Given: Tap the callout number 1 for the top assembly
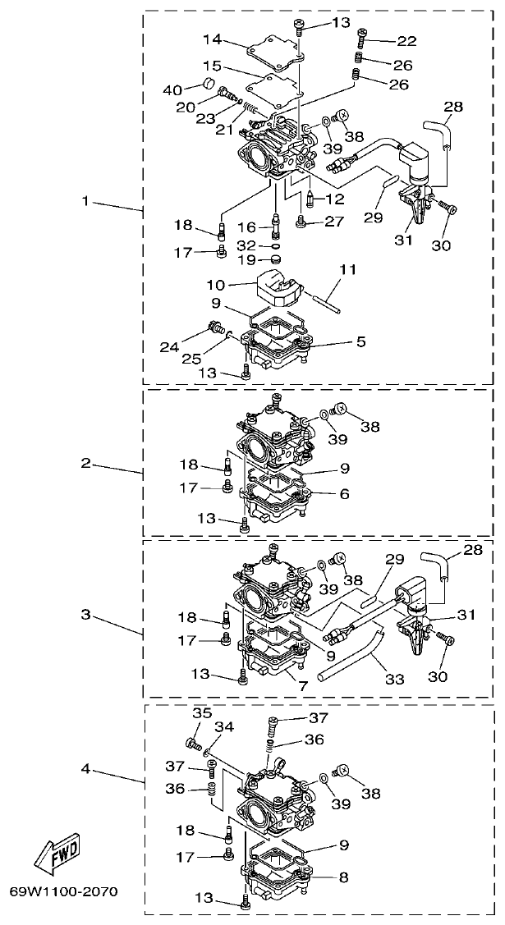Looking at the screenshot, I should click(85, 199).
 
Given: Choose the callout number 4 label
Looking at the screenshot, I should click(85, 769).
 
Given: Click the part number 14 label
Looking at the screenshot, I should click(212, 39).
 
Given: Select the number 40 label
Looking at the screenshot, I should click(172, 89).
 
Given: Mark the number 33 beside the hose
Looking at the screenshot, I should click(395, 680).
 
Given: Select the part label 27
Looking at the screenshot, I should click(333, 220).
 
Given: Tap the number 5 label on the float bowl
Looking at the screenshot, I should click(361, 341).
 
